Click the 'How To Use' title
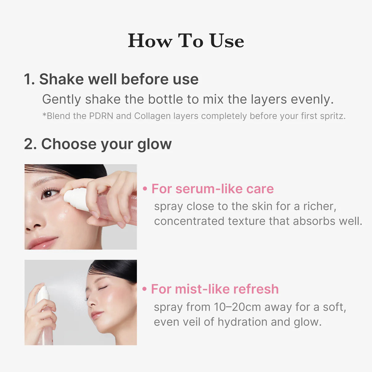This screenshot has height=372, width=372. coord(186,41)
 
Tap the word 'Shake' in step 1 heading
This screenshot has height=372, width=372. coord(61,79)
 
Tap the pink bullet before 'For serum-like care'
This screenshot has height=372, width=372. coord(145,189)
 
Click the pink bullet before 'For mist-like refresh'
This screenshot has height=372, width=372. coord(144,289)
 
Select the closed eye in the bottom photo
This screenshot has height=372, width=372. coord(103,288)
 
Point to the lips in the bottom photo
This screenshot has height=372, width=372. coord(97,315)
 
